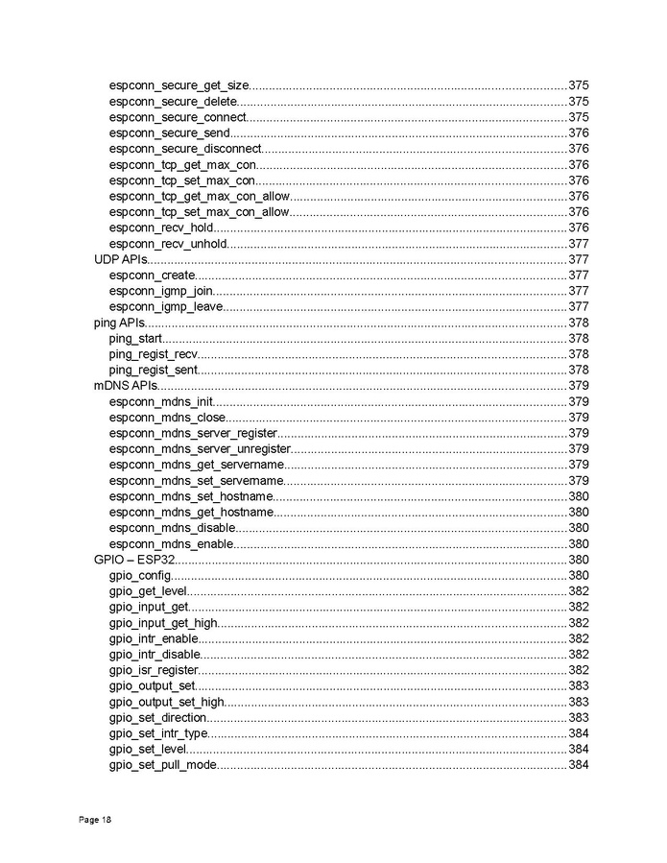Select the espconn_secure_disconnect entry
(185, 149)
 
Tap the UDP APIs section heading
(119, 259)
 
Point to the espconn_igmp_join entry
(161, 291)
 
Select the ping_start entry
(134, 338)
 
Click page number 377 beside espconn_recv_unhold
(578, 244)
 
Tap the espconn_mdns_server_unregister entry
(200, 448)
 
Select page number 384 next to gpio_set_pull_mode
(578, 765)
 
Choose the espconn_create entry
(153, 276)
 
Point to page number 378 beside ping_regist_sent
(578, 370)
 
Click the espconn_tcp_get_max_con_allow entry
(199, 196)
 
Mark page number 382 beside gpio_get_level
(578, 591)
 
